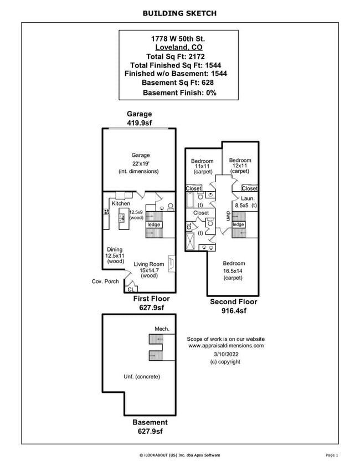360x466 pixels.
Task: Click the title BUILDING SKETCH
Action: pyautogui.click(x=179, y=13)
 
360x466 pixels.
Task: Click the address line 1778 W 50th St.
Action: pyautogui.click(x=178, y=38)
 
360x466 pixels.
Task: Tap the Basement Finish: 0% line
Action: pyautogui.click(x=179, y=92)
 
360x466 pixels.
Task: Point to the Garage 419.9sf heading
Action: pyautogui.click(x=139, y=118)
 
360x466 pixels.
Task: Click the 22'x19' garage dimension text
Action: pyautogui.click(x=140, y=163)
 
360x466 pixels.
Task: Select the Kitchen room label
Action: pyautogui.click(x=121, y=203)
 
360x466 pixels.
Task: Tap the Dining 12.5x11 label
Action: pyautogui.click(x=115, y=255)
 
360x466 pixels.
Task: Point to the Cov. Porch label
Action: pyautogui.click(x=105, y=281)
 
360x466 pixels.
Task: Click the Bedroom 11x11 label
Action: pyautogui.click(x=202, y=166)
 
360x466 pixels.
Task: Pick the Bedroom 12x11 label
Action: pyautogui.click(x=240, y=166)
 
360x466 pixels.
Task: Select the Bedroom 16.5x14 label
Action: pyautogui.click(x=234, y=270)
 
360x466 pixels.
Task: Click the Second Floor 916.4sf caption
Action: pyautogui.click(x=233, y=306)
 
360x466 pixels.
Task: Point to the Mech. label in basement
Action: pyautogui.click(x=162, y=329)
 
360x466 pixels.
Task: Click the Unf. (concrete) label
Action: pyautogui.click(x=142, y=376)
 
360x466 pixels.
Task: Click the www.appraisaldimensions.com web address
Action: pyautogui.click(x=225, y=346)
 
